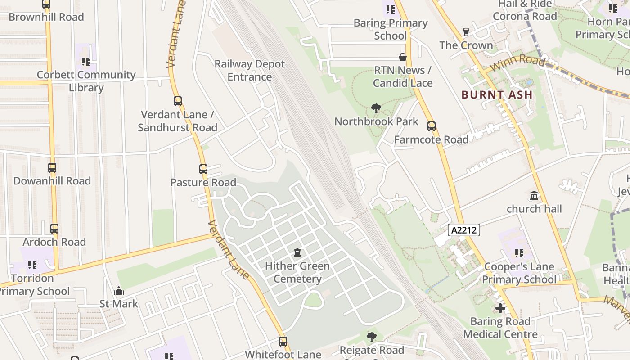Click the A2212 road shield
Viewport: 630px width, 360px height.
464,230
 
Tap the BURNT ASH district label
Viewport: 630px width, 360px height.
497,95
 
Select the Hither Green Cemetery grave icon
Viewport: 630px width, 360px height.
297,252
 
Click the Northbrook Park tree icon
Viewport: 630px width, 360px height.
376,108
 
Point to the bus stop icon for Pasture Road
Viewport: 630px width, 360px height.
203,169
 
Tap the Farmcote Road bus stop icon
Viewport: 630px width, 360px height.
432,126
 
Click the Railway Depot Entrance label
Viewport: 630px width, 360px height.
249,71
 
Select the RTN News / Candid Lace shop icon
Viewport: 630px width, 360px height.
403,57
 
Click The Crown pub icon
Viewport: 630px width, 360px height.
466,32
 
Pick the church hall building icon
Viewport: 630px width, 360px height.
534,196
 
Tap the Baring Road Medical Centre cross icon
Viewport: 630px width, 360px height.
500,308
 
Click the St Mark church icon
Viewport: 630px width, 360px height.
119,291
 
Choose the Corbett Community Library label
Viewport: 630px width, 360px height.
86,81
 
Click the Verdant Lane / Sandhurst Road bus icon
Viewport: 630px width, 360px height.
178,101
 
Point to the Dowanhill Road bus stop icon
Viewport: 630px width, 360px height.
52,168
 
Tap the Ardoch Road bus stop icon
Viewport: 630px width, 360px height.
54,229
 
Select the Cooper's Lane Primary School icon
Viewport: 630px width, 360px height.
519,253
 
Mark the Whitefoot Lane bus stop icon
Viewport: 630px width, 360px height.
283,342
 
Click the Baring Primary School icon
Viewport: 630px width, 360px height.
390,9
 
